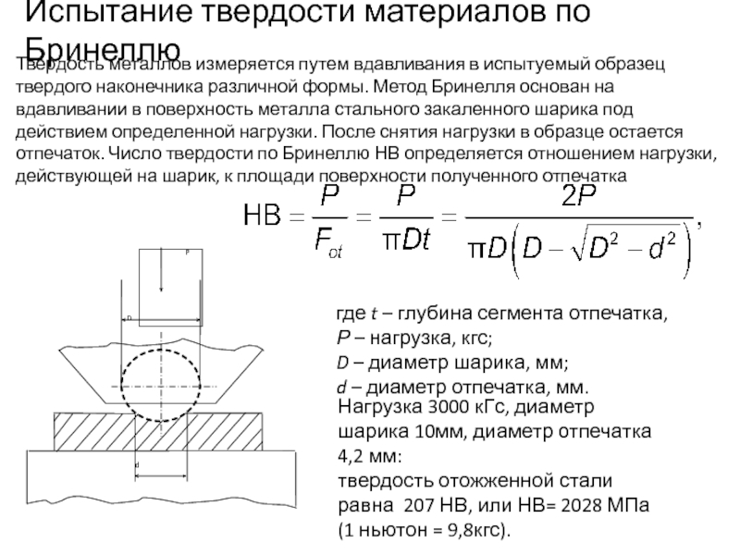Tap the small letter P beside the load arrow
[188, 252]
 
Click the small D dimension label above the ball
[130, 317]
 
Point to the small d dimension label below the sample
[137, 463]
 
